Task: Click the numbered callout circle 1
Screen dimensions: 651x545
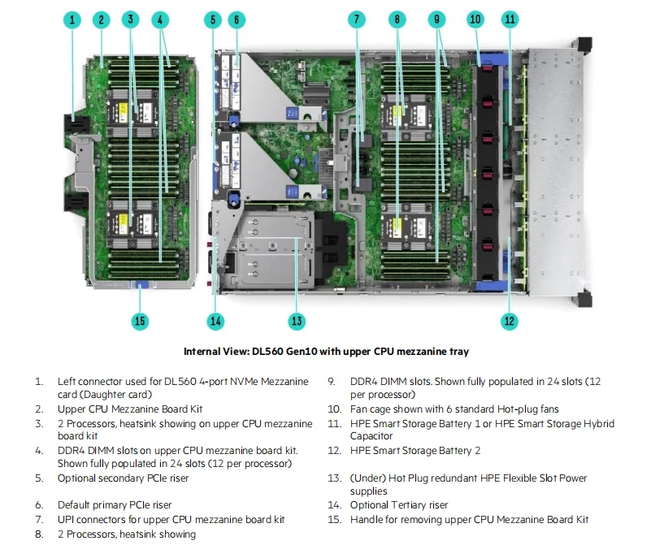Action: [74, 19]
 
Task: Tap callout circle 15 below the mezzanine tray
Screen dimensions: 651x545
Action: [140, 321]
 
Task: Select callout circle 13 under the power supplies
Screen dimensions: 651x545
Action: [297, 321]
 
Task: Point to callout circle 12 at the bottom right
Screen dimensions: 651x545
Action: [510, 321]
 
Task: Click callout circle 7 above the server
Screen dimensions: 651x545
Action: [357, 19]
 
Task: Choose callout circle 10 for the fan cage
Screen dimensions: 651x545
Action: [475, 19]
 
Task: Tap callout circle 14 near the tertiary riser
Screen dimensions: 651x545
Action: [215, 321]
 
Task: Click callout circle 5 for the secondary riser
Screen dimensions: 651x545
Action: [213, 19]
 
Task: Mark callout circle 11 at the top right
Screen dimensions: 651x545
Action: [510, 19]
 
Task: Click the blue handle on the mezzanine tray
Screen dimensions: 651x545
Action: [140, 284]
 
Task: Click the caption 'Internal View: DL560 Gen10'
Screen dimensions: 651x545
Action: [325, 352]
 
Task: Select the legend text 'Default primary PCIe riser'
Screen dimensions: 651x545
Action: [115, 504]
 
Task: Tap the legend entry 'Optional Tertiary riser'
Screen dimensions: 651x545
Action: [399, 504]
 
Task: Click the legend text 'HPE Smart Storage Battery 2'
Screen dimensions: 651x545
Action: [415, 451]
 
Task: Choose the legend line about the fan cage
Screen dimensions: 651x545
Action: [454, 409]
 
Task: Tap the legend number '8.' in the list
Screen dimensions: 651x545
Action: [39, 534]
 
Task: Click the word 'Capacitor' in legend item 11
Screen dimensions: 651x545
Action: [371, 436]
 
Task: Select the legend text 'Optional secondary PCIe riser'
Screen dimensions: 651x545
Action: [122, 478]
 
